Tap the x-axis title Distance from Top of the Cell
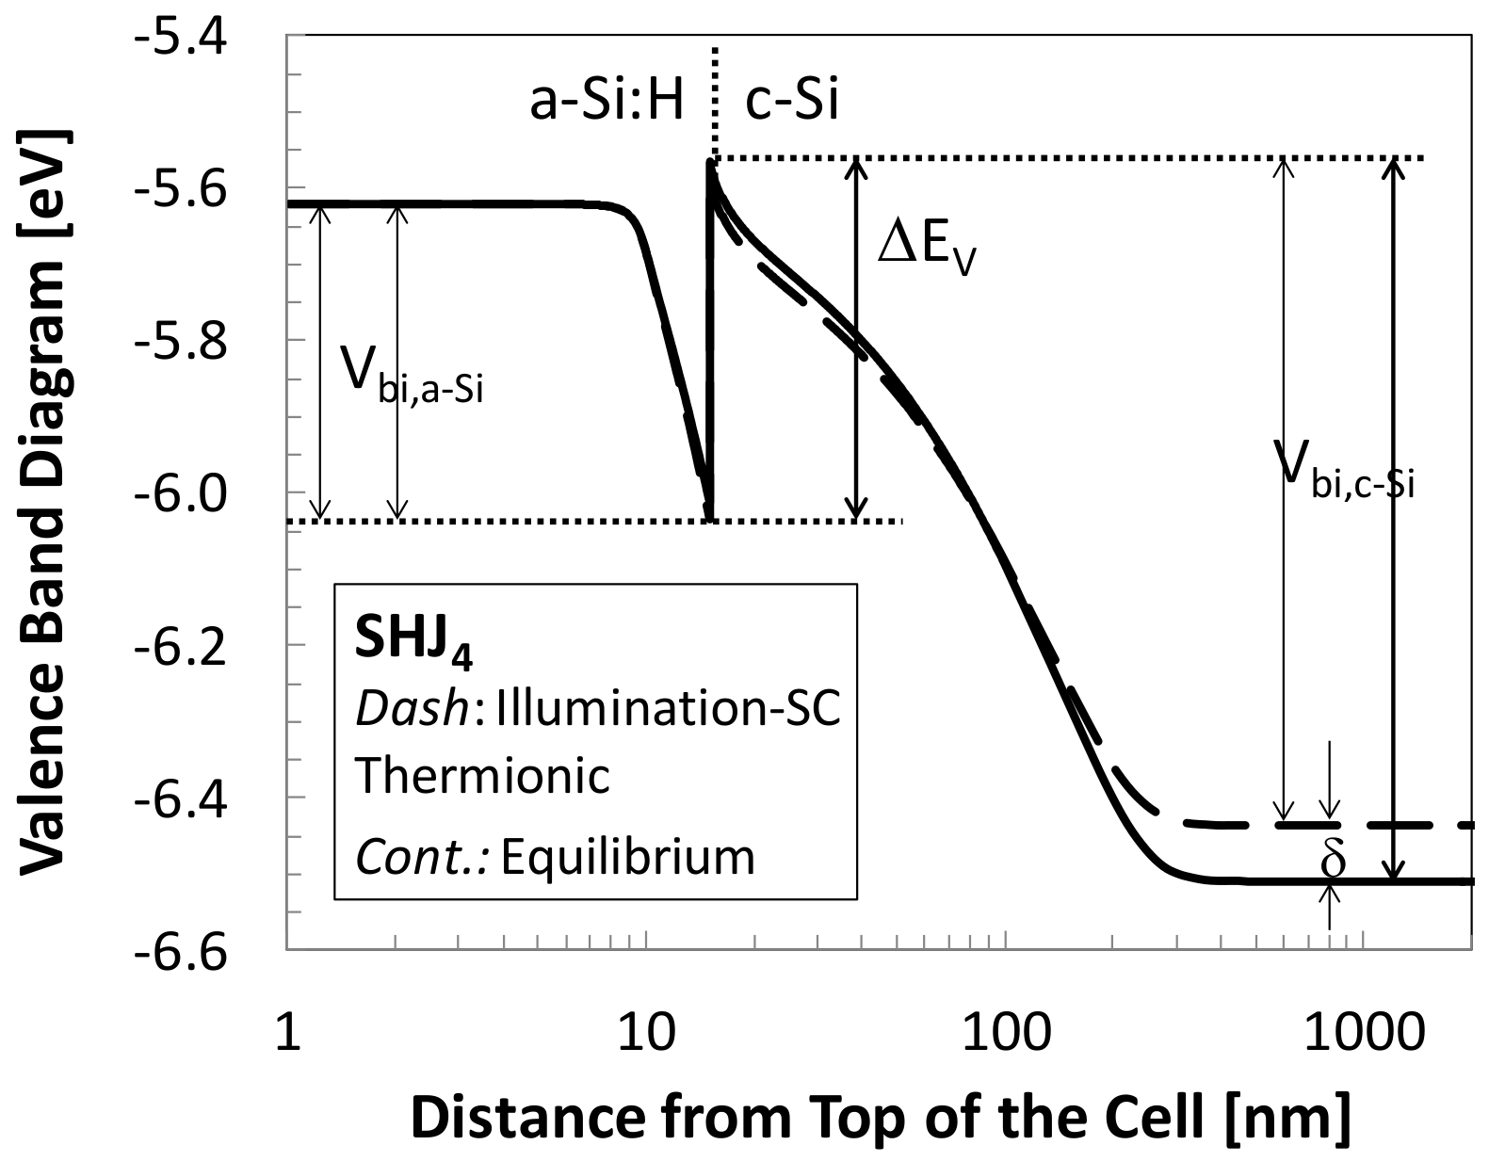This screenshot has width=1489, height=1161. tap(881, 1118)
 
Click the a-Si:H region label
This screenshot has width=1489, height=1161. tap(607, 101)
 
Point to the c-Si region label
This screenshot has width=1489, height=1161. tap(791, 101)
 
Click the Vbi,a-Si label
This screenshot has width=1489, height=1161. tap(413, 377)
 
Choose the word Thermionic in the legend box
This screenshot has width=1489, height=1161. tap(482, 778)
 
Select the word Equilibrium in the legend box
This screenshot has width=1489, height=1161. tap(628, 858)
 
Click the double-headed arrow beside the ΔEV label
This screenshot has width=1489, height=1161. tap(855, 339)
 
